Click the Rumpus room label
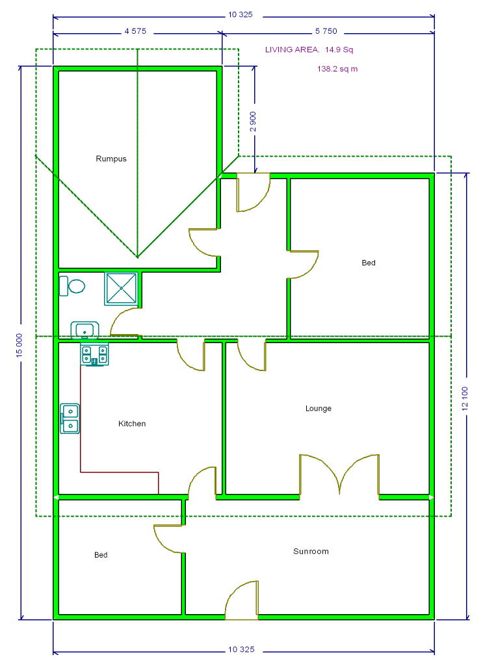[111, 159]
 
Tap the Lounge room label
[318, 409]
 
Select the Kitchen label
[132, 424]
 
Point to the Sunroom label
[311, 551]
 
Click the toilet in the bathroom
[72, 286]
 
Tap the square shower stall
[122, 289]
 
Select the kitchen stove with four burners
[94, 355]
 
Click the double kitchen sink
[70, 419]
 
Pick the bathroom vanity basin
[85, 330]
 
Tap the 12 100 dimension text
[465, 398]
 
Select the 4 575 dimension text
[135, 31]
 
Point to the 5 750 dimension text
[326, 31]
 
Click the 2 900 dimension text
[253, 122]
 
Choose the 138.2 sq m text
[337, 69]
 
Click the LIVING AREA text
[292, 49]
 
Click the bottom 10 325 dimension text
[241, 649]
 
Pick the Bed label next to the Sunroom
[101, 555]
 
